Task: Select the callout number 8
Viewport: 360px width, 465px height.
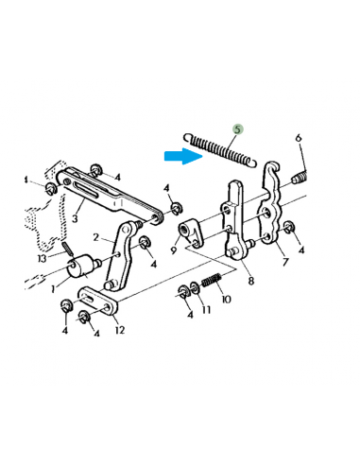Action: (x=249, y=281)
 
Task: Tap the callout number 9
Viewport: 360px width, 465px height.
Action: (x=175, y=251)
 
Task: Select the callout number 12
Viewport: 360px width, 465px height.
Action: (x=119, y=329)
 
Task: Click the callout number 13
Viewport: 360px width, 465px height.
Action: (x=42, y=260)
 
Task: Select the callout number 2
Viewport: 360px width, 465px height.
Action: (x=95, y=237)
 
